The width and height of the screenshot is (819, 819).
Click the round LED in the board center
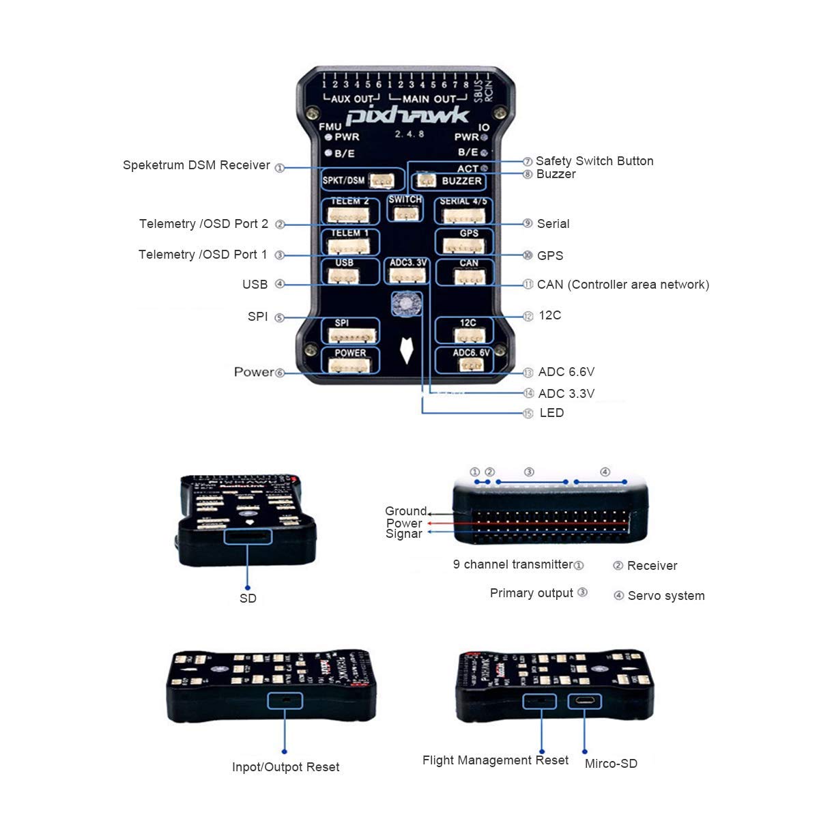coord(406,303)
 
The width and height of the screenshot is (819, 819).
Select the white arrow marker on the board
coord(407,349)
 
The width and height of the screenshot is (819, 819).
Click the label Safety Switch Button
coord(594,161)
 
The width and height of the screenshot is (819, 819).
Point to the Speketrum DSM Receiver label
coord(197,165)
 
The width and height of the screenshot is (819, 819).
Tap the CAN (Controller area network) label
coord(622,285)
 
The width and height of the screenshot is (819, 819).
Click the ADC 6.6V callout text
coord(566,372)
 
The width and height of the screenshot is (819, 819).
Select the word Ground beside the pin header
coord(405,511)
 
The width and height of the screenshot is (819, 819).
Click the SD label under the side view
coord(248,599)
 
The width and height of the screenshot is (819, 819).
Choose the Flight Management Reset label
coord(495,760)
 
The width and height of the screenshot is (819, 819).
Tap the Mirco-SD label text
coord(611,764)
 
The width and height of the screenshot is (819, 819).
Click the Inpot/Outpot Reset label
coord(285,767)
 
